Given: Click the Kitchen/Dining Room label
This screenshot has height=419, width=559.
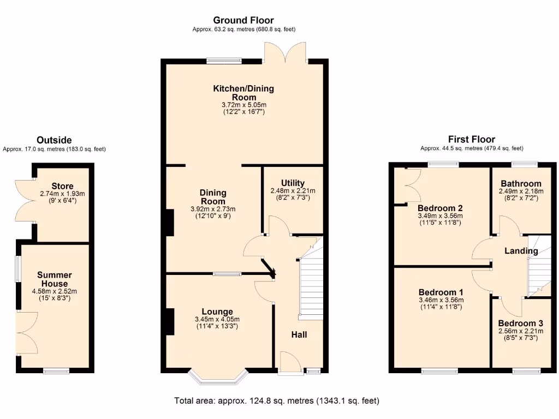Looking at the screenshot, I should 243,93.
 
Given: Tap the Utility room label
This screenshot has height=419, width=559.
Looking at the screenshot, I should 293,183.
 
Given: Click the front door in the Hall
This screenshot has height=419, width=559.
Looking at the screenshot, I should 290,363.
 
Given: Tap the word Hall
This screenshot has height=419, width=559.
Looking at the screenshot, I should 298,334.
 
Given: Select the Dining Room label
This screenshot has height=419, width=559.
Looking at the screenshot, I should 213,197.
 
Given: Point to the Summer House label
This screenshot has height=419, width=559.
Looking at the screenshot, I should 55,279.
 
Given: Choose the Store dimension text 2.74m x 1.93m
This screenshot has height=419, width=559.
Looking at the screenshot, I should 62,194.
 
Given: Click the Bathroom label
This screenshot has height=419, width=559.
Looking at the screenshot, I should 521,184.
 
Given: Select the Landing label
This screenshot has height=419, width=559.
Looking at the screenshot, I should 521,251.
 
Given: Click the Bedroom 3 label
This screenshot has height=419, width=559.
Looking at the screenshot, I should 520,323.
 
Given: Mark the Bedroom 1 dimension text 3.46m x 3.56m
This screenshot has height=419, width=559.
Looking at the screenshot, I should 441,300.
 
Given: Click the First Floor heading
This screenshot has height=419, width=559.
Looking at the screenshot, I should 471,139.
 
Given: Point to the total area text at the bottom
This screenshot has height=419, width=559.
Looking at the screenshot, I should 276,401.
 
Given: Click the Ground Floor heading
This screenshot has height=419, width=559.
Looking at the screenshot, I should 243,21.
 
